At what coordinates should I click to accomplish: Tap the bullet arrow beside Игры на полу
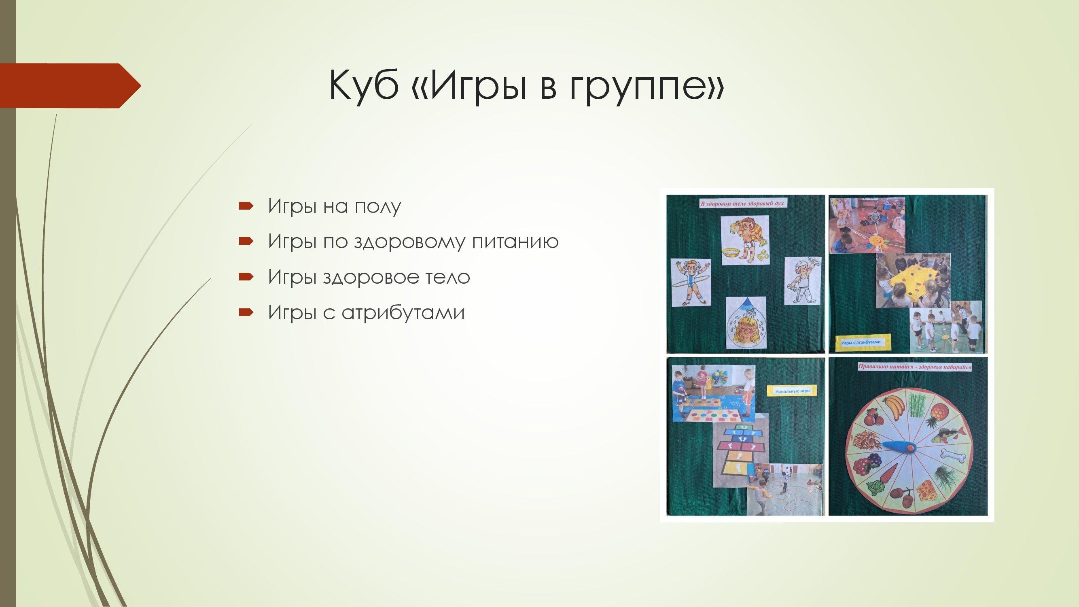(x=246, y=206)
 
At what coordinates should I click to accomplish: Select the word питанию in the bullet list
(x=515, y=242)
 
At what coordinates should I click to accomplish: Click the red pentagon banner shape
(x=70, y=85)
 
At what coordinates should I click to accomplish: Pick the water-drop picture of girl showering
(x=746, y=323)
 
